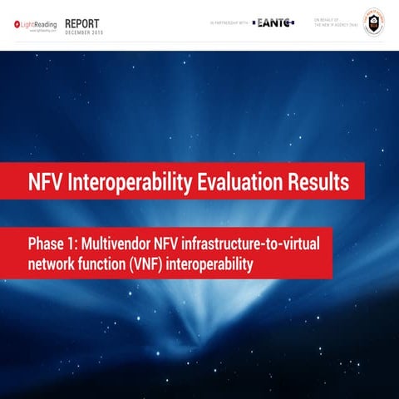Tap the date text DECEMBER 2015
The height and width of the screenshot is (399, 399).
point(83,32)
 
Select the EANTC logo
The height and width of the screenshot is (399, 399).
point(273,23)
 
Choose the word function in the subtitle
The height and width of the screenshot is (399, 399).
point(106,264)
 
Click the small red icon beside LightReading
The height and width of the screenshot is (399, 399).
point(17,25)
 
